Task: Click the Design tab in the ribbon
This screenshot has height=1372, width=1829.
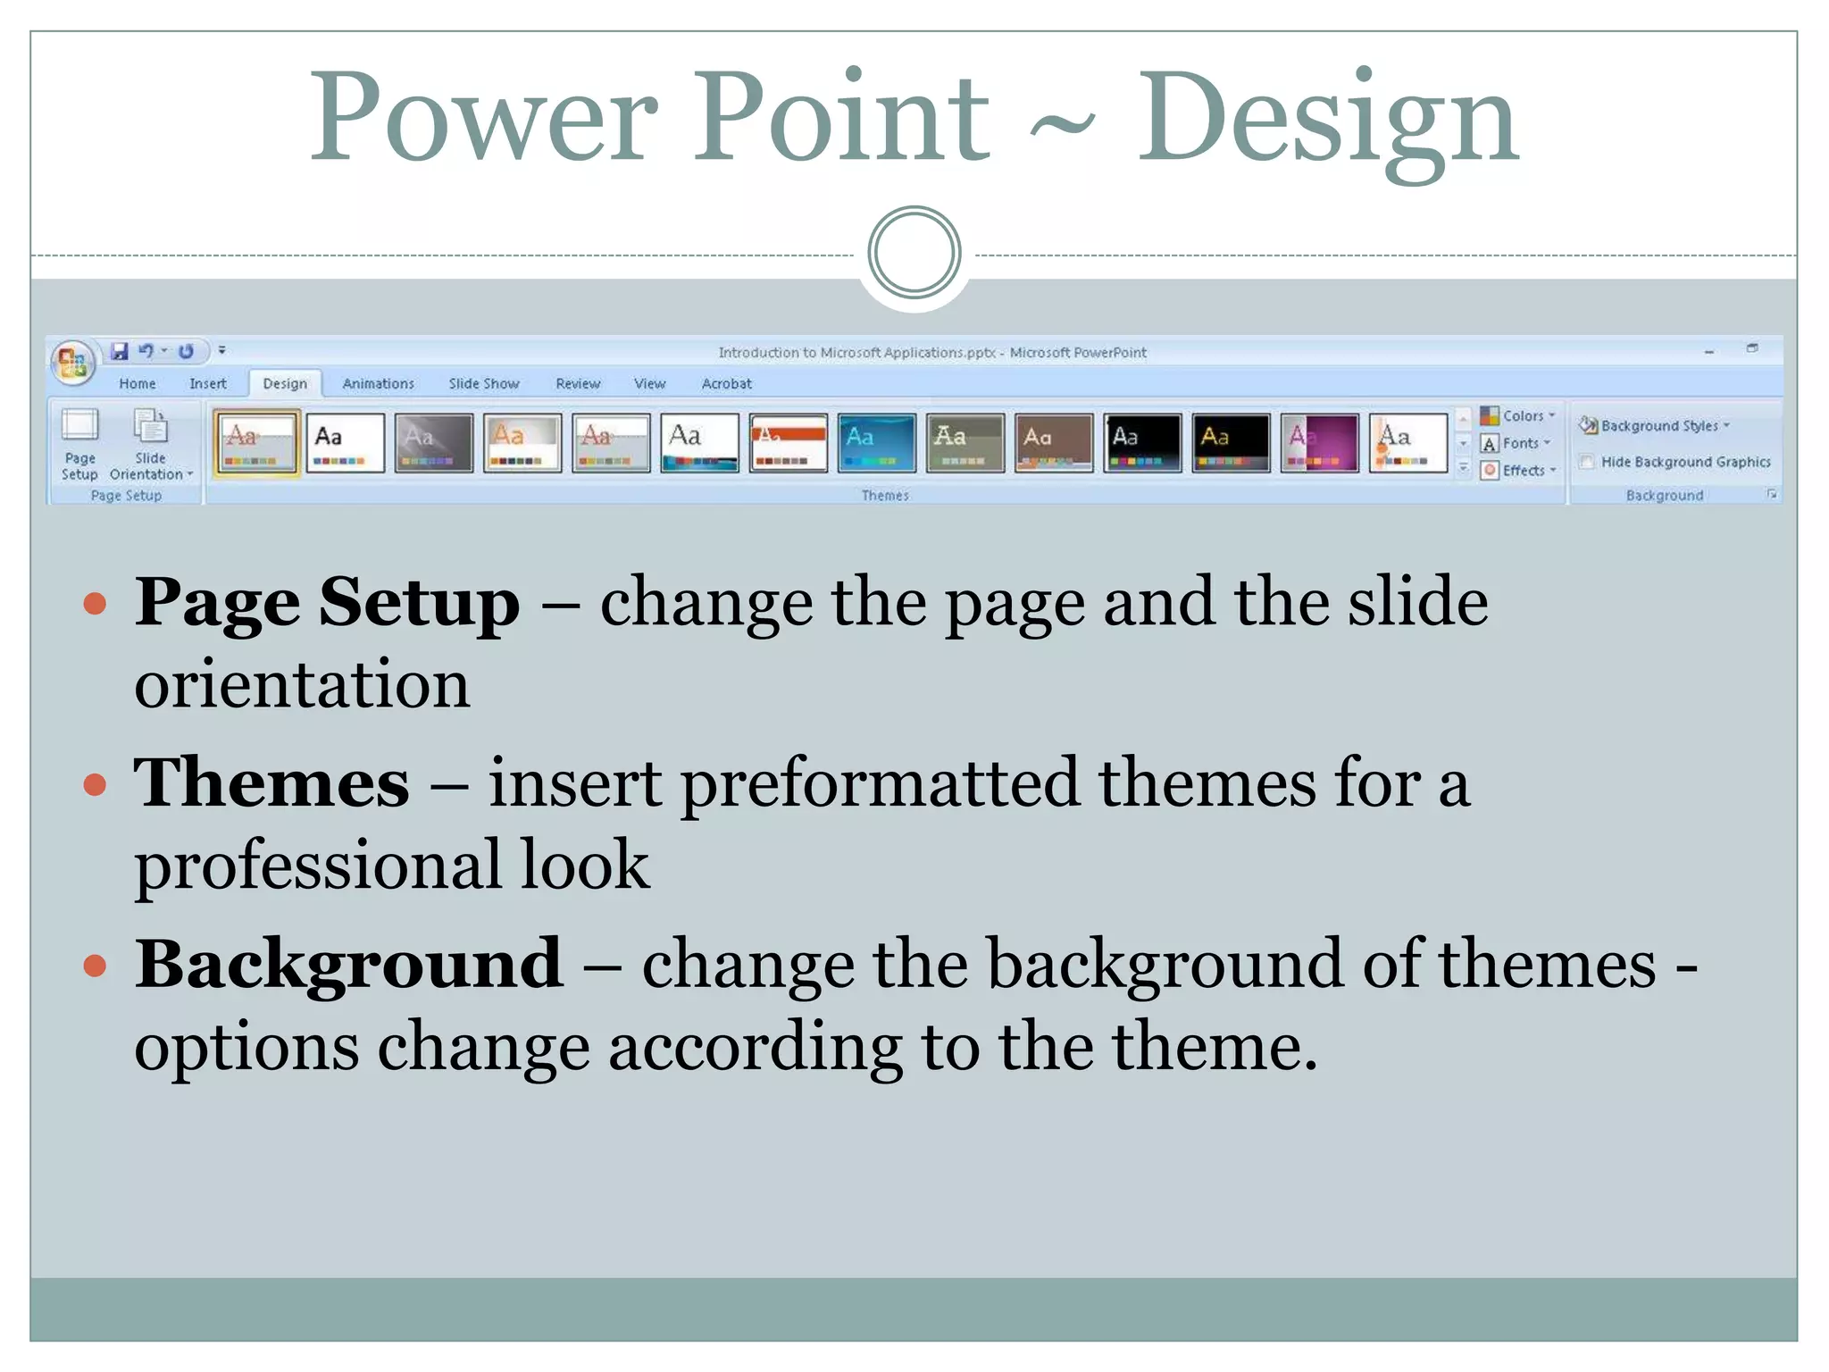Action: coord(285,384)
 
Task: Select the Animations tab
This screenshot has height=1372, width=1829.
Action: coord(378,384)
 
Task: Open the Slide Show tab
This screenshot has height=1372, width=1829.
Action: coord(483,384)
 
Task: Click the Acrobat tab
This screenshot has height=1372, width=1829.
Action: coord(726,384)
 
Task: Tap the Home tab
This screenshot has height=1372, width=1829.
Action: coord(138,384)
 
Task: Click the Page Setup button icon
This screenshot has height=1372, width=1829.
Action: coord(79,426)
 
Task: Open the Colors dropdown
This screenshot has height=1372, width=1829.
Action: coord(1518,416)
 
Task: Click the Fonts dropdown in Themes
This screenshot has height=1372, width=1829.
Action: coord(1516,443)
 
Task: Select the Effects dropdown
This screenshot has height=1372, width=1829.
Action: coord(1518,471)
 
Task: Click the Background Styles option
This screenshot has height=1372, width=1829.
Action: coord(1656,426)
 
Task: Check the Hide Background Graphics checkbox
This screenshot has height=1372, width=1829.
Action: coord(1587,462)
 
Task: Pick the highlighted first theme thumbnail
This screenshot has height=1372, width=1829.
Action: coord(256,442)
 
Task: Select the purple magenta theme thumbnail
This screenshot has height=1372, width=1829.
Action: coord(1319,442)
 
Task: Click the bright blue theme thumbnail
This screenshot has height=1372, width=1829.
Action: coord(877,442)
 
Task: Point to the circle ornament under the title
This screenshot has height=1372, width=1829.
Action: coord(914,253)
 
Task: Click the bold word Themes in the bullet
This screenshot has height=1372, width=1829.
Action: coord(271,783)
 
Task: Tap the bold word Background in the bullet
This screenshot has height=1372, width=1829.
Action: coord(348,965)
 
